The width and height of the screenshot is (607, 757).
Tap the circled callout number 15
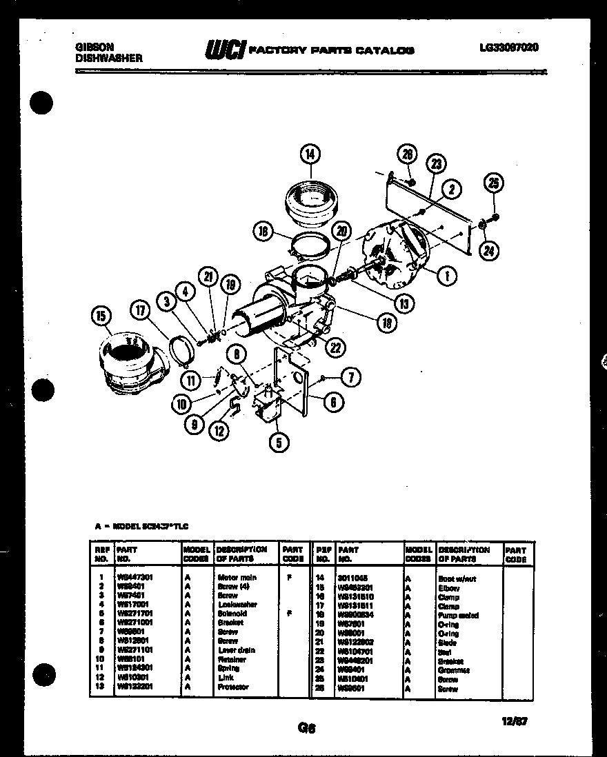click(x=101, y=316)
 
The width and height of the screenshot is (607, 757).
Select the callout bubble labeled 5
click(x=279, y=443)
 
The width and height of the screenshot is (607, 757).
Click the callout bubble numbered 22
click(x=335, y=348)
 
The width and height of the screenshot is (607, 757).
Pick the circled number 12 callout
click(x=219, y=432)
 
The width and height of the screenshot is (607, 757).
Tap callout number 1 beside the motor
click(x=447, y=276)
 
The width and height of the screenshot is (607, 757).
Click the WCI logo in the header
click(x=223, y=49)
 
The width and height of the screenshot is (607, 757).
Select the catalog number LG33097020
click(x=508, y=48)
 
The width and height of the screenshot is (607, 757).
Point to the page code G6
click(x=306, y=727)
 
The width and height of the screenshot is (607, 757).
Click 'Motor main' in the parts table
click(x=237, y=577)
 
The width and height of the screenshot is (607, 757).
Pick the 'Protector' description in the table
click(x=232, y=687)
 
